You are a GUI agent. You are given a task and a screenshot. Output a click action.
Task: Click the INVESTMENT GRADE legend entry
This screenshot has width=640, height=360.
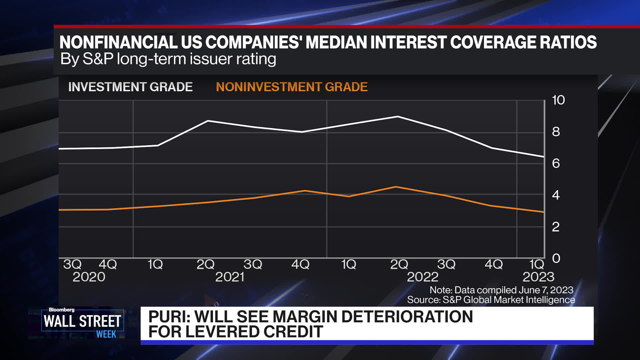130,87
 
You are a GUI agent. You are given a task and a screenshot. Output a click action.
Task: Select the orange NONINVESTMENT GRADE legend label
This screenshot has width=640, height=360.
292,87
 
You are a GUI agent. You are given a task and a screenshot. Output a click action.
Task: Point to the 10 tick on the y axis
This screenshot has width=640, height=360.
558,100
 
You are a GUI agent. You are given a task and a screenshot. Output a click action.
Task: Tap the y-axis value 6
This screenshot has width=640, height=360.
556,163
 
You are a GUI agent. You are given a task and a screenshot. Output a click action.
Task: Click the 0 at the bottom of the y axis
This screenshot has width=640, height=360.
556,258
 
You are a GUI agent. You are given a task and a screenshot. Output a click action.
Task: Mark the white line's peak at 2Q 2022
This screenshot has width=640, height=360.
398,116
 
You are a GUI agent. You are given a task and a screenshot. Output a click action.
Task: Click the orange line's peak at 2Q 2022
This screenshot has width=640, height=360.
396,187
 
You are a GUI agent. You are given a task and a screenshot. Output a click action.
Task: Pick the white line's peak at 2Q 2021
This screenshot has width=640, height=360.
208,121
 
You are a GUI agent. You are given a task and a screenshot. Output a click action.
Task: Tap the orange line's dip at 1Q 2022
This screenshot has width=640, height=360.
349,196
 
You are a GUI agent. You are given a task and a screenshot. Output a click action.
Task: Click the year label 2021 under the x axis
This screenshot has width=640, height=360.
230,277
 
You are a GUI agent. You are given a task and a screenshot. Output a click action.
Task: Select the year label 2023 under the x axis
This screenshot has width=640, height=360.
538,277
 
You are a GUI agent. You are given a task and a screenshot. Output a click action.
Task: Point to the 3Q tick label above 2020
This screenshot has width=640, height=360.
72,264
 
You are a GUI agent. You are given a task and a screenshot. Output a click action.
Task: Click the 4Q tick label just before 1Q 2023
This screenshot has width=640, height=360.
493,264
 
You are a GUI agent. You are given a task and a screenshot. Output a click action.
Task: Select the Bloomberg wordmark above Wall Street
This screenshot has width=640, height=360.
62,310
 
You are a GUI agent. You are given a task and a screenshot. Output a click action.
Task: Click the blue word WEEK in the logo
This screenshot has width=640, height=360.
106,334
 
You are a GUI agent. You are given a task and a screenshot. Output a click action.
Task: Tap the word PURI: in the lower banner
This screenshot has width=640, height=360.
169,317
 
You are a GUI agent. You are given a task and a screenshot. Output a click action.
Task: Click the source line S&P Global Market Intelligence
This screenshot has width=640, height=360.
508,300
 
